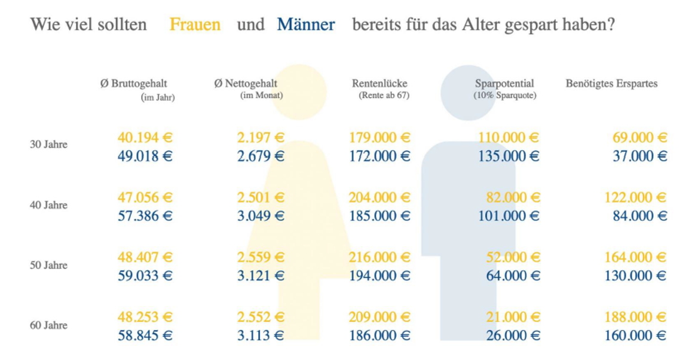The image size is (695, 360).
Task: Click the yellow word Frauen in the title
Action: point(195,25)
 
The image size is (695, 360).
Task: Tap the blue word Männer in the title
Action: point(305,25)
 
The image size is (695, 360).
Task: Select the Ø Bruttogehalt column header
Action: point(133,84)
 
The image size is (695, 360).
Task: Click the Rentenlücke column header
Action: point(379,84)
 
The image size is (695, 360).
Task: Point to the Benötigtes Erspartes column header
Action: point(611,84)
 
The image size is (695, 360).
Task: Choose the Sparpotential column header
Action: point(504,84)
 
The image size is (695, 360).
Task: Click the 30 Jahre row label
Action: point(48,145)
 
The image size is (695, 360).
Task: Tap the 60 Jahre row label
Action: point(48,326)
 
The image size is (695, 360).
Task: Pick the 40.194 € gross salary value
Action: point(145,138)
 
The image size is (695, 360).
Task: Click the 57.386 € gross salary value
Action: point(145,216)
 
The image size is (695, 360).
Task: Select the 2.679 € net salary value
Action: point(261,156)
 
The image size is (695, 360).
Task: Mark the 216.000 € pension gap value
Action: point(379,257)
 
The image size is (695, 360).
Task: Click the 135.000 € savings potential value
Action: point(509,156)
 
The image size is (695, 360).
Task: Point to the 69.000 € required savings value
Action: point(639,138)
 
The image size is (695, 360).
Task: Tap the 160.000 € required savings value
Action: point(635,335)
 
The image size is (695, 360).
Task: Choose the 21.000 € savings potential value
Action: point(513,317)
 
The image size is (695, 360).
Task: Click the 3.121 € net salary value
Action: point(261,276)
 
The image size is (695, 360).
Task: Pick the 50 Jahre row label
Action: point(48,266)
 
